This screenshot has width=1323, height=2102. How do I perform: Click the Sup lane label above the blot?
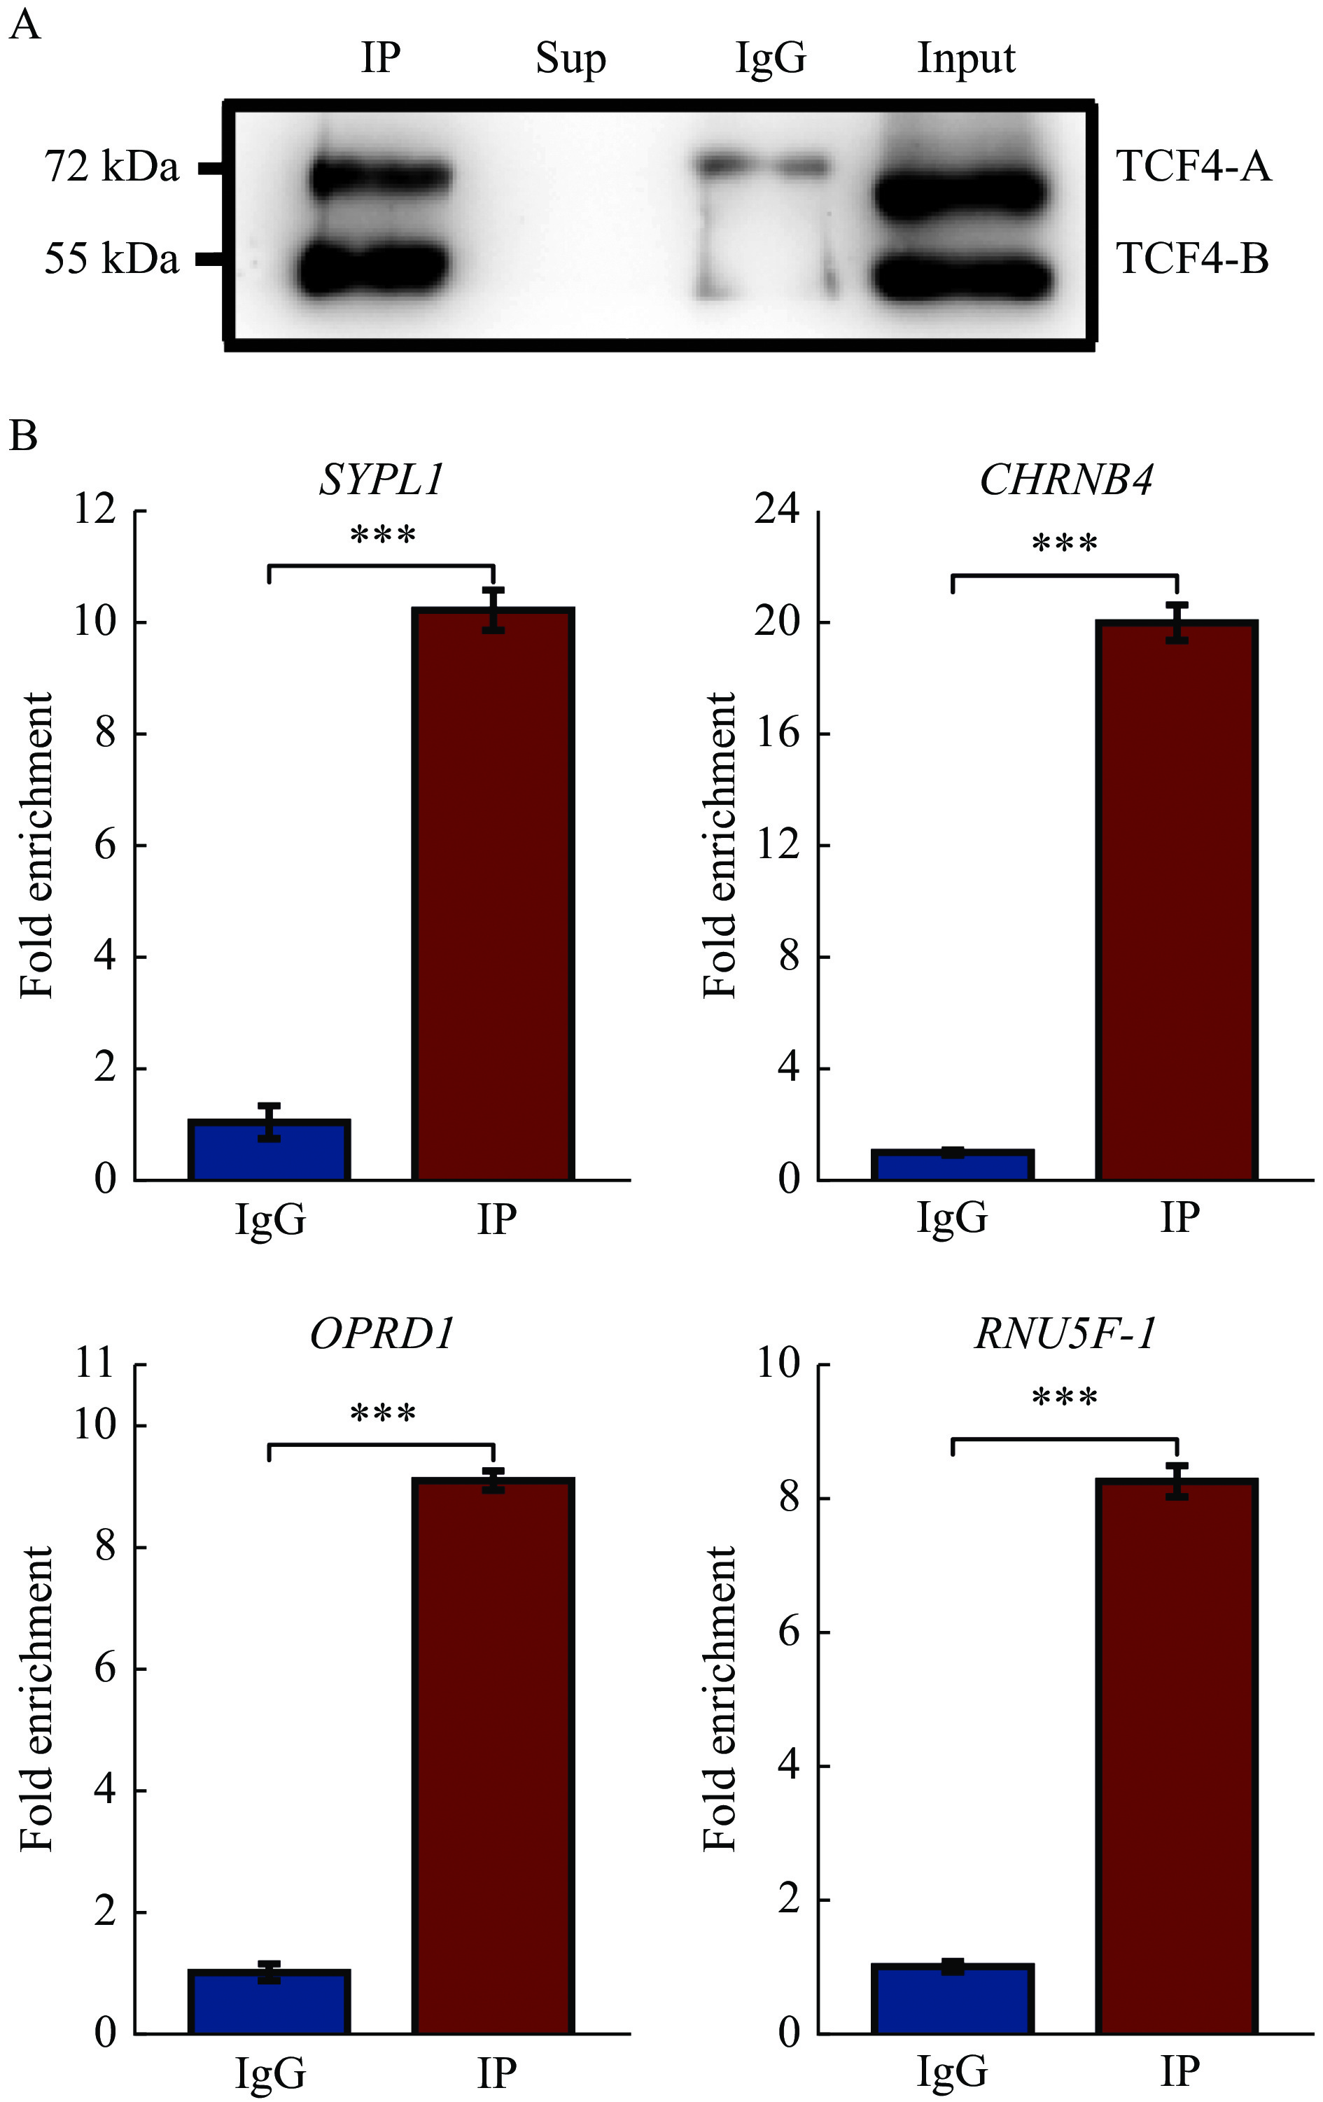(570, 59)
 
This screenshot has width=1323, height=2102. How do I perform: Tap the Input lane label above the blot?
(966, 59)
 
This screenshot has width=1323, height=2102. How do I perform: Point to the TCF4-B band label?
(1192, 259)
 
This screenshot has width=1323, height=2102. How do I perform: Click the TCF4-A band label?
(1193, 167)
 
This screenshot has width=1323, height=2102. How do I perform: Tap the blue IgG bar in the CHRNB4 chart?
(952, 1165)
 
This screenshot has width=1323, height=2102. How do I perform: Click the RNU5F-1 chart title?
(1065, 1333)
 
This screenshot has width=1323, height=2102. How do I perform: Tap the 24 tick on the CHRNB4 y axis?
(778, 509)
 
